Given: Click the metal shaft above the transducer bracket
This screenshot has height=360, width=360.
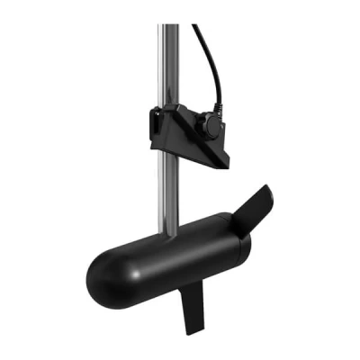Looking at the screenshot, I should click(x=166, y=63).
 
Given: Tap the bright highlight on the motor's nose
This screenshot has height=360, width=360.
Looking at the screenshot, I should click(x=112, y=257).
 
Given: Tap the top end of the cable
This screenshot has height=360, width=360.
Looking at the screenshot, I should click(x=193, y=26).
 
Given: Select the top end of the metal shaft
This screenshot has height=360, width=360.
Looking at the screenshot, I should click(x=166, y=27).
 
